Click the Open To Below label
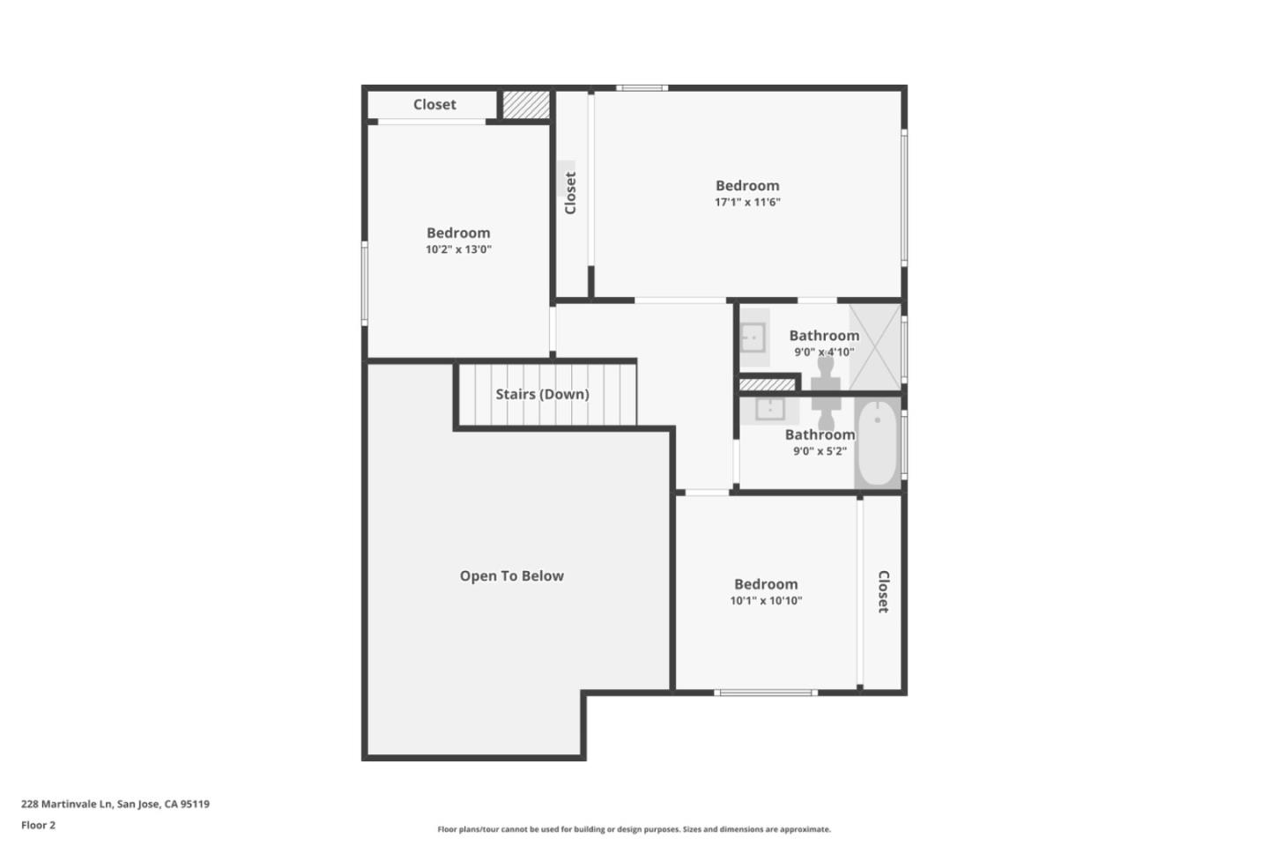511,576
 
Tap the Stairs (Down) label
542,394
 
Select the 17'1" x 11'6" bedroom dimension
747,203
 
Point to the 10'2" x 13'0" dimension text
458,250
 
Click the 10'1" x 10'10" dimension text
766,601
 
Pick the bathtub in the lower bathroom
878,444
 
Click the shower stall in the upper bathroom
875,345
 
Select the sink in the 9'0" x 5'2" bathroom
769,409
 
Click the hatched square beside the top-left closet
526,104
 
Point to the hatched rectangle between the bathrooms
767,384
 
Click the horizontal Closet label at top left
434,105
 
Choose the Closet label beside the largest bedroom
570,192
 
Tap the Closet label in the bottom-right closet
883,591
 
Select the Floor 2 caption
38,826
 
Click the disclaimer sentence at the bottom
634,829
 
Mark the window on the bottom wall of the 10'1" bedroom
765,693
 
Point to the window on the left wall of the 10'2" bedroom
364,283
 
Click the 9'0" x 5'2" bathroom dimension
820,451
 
